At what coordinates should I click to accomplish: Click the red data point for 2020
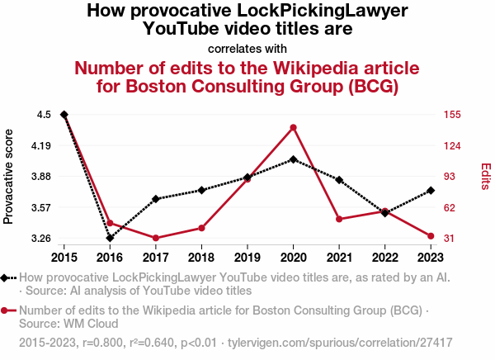click(294, 127)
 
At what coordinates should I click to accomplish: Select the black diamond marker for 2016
click(110, 238)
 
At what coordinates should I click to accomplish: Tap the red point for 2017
click(156, 238)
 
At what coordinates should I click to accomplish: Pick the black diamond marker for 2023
click(431, 191)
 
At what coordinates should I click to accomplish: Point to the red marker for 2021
click(339, 219)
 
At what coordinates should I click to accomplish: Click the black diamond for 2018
click(201, 190)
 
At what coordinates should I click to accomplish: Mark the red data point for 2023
click(431, 236)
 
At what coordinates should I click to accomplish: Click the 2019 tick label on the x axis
click(247, 257)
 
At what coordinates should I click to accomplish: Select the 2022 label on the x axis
click(385, 257)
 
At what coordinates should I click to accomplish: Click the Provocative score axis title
click(9, 177)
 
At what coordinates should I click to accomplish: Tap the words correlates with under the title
click(247, 48)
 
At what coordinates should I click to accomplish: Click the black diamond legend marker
click(7, 278)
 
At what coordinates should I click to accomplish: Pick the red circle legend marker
click(7, 311)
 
